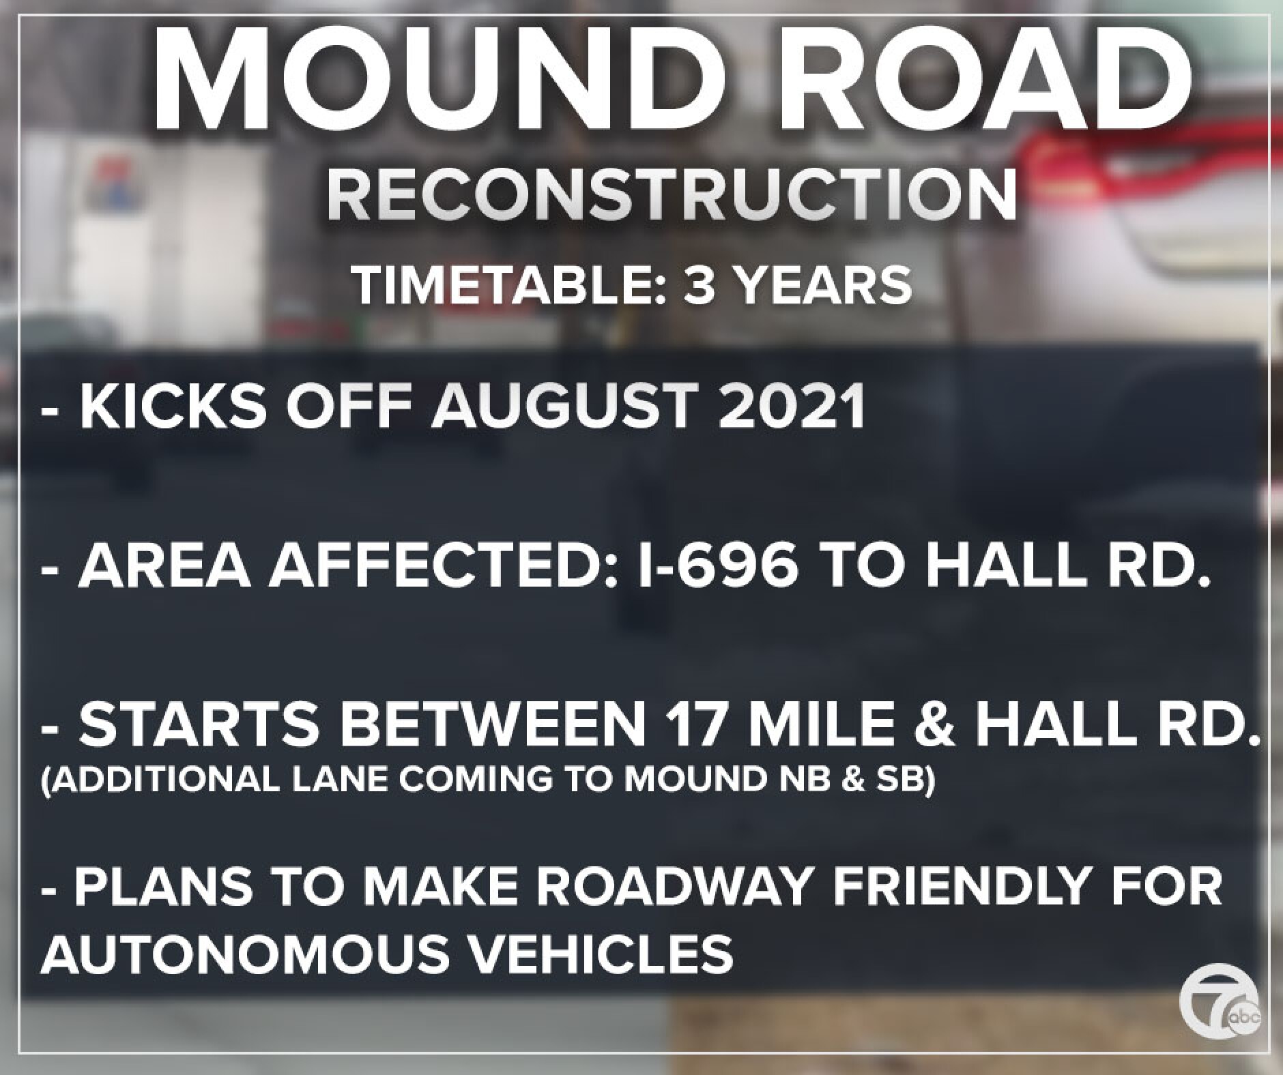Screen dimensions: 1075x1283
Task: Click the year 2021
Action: click(x=792, y=407)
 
